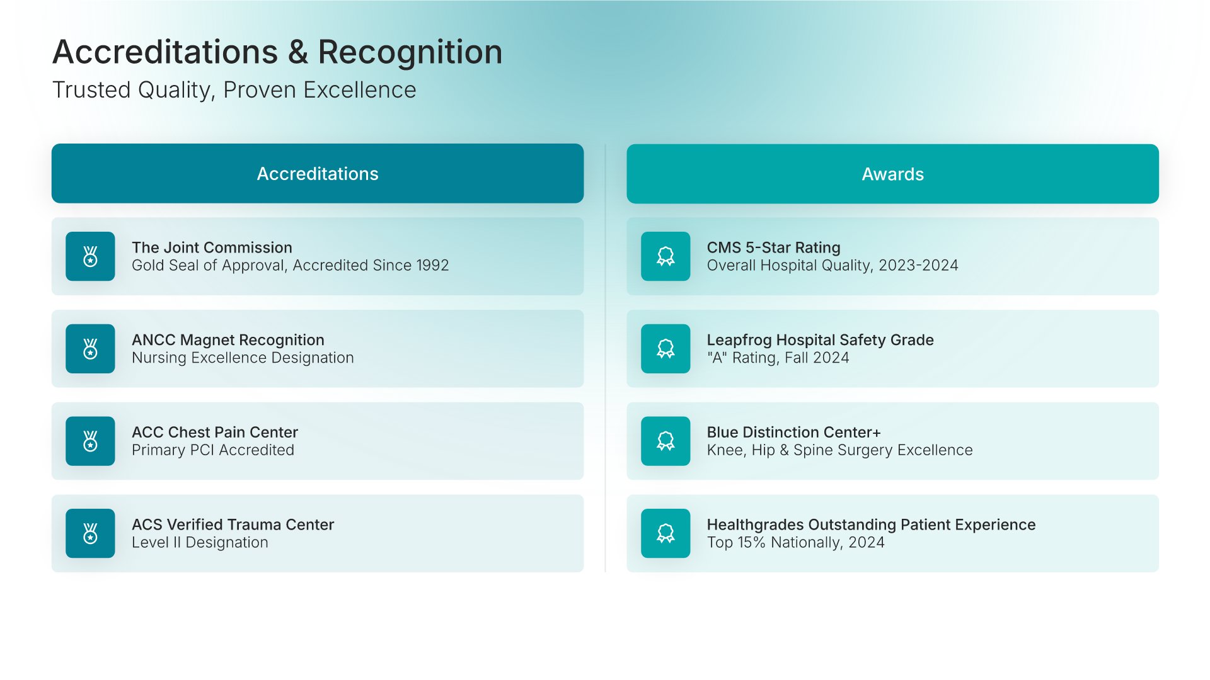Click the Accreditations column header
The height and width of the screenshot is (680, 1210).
(318, 174)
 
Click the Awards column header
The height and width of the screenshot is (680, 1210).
(892, 174)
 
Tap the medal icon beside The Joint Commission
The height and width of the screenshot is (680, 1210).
(90, 256)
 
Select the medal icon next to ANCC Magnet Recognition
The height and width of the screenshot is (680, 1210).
(90, 349)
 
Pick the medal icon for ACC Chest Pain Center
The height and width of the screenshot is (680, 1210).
(90, 441)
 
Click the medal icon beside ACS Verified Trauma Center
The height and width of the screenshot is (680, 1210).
(90, 533)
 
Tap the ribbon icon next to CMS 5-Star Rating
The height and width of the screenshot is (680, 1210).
(665, 256)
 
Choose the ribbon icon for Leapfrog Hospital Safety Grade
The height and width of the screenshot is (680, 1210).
(665, 349)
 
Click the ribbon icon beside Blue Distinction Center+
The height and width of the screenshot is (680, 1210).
(665, 441)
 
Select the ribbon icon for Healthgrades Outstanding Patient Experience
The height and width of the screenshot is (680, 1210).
(665, 533)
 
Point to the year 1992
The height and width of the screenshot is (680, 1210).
(432, 266)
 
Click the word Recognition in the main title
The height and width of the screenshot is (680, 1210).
(410, 52)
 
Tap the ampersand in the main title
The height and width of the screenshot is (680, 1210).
(297, 52)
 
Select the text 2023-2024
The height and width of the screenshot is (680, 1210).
(918, 266)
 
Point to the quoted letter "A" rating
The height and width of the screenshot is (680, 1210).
(717, 358)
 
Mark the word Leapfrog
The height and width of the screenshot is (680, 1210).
(739, 341)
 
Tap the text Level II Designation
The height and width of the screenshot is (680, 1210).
(200, 543)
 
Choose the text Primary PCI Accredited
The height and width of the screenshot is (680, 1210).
(213, 450)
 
